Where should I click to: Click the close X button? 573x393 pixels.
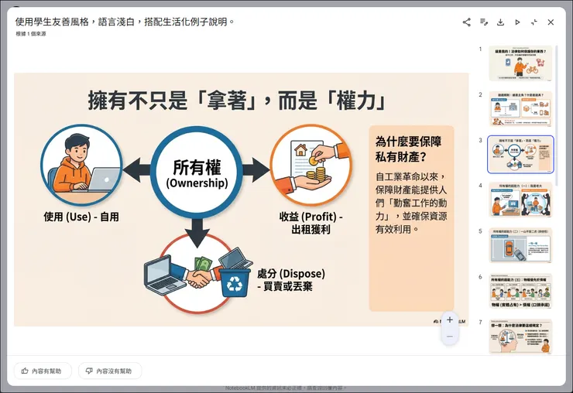(551, 22)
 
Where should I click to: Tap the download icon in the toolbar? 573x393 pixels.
(500, 22)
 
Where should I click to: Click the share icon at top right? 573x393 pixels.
(467, 22)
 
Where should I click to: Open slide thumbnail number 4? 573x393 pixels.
(520, 200)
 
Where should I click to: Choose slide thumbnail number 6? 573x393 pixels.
(520, 291)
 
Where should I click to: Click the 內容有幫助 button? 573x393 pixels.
(43, 371)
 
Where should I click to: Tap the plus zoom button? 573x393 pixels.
(450, 320)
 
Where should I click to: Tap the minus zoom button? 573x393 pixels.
(450, 337)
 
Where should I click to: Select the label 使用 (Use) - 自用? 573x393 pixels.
(81, 217)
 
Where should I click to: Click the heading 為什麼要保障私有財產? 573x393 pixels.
(407, 149)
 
